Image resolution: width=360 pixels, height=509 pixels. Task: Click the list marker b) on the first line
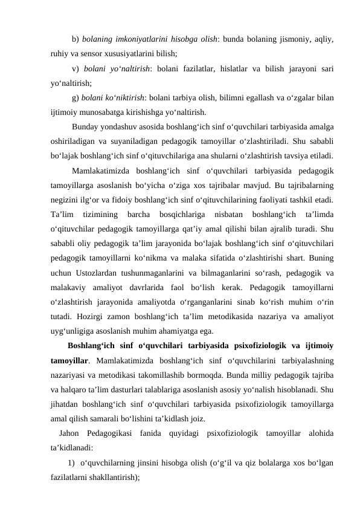[76, 40]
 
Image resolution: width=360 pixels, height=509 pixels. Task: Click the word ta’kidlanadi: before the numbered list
[72, 447]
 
